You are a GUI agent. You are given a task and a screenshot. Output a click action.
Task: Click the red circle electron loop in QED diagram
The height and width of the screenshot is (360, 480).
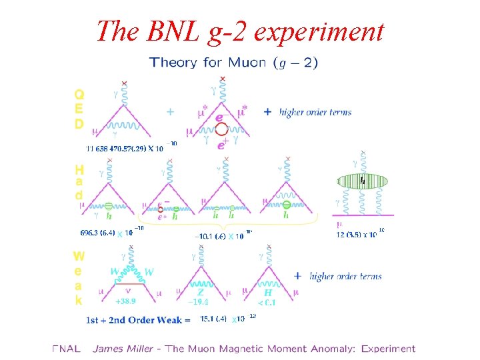coord(222,131)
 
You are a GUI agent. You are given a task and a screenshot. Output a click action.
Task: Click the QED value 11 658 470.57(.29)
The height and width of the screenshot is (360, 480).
coord(124,148)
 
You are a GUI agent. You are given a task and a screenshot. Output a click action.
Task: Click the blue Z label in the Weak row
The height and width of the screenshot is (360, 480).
coord(200,291)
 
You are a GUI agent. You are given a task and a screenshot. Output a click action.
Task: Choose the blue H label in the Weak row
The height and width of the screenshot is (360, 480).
coord(268,291)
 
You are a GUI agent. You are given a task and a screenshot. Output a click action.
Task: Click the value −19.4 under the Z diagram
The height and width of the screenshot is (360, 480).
coord(200,302)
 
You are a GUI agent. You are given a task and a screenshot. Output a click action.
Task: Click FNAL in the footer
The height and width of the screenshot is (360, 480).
coord(66,348)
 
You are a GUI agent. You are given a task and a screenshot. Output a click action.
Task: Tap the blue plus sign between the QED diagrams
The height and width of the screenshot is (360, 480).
coord(170,112)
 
